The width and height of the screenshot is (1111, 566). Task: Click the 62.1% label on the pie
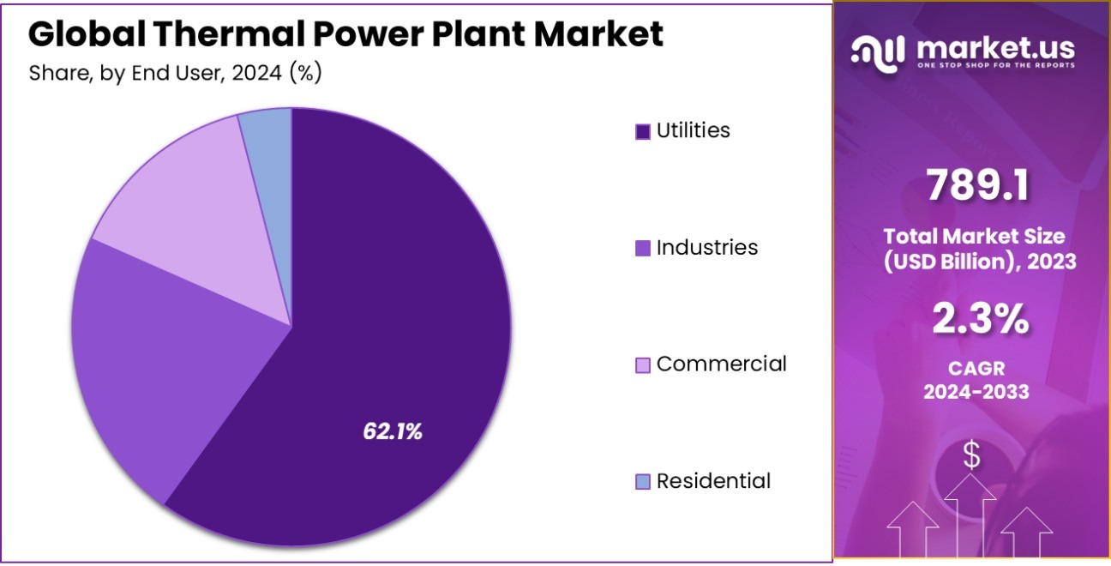(393, 431)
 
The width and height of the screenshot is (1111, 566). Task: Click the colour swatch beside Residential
(643, 482)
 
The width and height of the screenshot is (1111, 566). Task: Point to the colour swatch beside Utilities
(643, 131)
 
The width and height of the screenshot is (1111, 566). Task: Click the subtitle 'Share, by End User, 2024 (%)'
(175, 73)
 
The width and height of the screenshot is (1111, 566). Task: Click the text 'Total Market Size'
(974, 236)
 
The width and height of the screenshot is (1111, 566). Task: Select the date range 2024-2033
(976, 392)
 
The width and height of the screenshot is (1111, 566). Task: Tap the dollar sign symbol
(971, 455)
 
